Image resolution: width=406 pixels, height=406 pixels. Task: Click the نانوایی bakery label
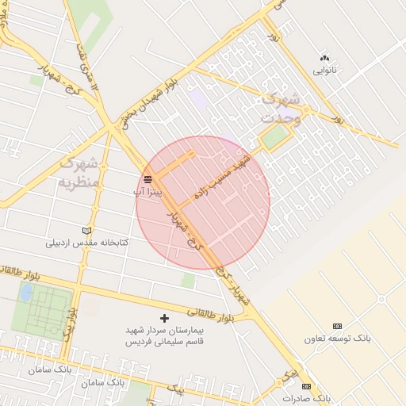[324, 71]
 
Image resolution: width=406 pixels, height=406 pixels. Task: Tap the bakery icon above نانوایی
[324, 58]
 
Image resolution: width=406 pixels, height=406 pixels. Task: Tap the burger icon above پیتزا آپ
[147, 179]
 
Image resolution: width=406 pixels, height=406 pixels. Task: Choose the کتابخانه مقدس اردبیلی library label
[86, 243]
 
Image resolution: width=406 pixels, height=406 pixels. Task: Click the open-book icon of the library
[86, 231]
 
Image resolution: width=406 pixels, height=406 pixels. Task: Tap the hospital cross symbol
[164, 318]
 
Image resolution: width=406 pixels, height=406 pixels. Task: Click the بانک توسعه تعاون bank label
[337, 339]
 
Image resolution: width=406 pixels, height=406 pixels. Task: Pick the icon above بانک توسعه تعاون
[337, 327]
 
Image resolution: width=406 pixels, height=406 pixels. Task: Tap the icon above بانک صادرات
[307, 386]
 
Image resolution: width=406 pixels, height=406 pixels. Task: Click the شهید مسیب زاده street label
[221, 176]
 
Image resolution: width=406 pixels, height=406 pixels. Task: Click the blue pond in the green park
[26, 293]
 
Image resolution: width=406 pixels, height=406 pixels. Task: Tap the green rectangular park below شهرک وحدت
[275, 137]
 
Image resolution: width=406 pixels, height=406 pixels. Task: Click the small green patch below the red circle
[188, 281]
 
